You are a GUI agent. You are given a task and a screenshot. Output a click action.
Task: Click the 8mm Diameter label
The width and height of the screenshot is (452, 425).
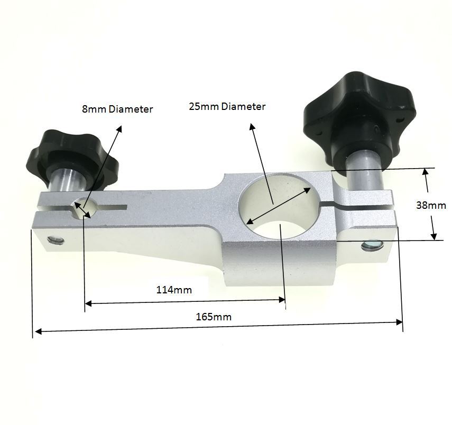coord(117,109)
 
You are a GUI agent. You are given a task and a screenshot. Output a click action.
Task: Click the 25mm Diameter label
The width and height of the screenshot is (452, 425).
coord(227,106)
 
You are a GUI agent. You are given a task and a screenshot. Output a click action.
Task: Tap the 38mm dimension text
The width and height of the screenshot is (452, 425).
coord(431,205)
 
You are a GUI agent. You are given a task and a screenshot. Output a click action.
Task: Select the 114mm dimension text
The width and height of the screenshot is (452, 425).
coord(173,290)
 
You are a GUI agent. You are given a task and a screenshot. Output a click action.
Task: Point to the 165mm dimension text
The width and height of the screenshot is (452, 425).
coord(213,317)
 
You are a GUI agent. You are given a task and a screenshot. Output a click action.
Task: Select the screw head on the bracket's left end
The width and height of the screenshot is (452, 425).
coord(55,241)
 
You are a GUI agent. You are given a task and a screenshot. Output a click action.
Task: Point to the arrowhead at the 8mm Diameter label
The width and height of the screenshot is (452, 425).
coord(119,128)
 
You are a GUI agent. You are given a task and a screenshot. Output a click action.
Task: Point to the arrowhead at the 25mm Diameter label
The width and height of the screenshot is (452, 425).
coord(252,126)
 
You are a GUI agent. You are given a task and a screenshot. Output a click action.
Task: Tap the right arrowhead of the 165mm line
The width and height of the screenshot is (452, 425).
coord(399,322)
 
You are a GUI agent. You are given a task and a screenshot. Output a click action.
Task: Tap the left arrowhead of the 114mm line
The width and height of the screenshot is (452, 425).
coord(88,303)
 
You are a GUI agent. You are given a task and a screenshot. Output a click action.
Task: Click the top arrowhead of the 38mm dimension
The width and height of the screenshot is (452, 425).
coord(426,172)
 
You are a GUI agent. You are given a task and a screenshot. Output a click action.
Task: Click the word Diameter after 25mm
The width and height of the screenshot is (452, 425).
coord(243,106)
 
